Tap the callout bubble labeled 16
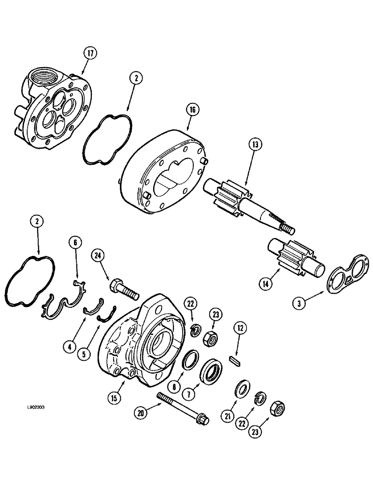(x=192, y=111)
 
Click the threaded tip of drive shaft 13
(x=287, y=227)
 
